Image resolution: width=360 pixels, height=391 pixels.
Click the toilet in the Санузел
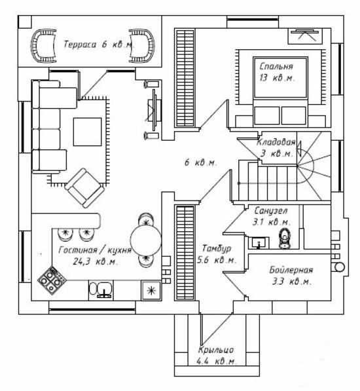pos(285,238)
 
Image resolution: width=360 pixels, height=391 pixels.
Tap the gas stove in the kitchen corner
pos(52,281)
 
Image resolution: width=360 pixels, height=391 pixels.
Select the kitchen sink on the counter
pos(101,289)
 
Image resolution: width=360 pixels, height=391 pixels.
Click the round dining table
pos(146,240)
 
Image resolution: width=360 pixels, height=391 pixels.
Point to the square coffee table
pos(88,132)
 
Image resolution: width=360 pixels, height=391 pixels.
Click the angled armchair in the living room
pos(84,187)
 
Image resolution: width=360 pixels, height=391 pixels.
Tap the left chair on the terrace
pos(43,46)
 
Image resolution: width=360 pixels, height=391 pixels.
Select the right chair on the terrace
pos(142,46)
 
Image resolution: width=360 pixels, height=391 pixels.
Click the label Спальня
pos(276,67)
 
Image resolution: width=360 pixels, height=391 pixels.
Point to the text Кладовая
pos(276,142)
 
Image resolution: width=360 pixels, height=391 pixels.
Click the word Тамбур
pos(217,248)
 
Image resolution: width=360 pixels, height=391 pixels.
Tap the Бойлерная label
pos(291,270)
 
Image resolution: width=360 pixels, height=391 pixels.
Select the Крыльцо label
pos(216,350)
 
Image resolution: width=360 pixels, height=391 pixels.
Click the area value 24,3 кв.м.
pos(95,261)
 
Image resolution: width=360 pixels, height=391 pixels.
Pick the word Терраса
pos(80,45)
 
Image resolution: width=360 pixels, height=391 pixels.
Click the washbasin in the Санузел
pos(259,243)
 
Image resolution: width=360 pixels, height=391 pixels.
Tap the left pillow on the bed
pos(266,115)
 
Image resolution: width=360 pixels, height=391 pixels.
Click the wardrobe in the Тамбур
pos(185,252)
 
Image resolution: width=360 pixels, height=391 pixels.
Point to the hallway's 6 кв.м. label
pos(200,163)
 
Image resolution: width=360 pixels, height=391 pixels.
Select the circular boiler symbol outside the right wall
pos(339,267)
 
